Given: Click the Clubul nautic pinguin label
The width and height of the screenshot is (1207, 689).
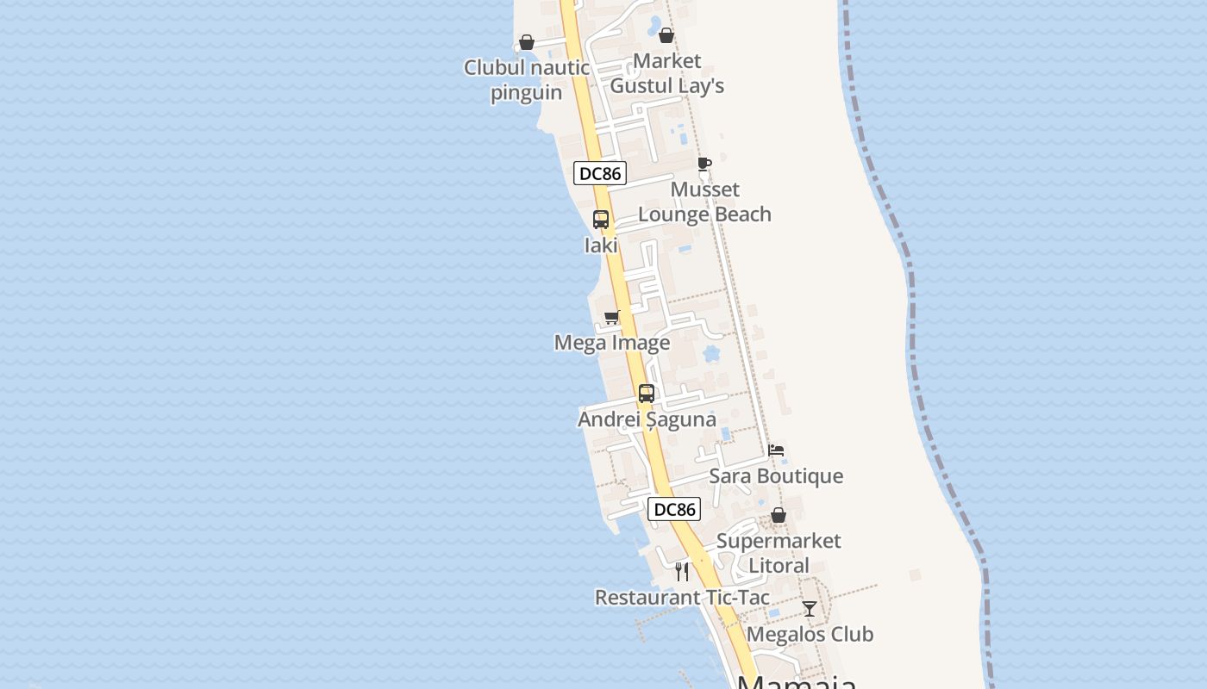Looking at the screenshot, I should pos(526,80).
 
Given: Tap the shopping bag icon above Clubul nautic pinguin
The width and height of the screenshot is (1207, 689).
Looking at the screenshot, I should pos(527,42).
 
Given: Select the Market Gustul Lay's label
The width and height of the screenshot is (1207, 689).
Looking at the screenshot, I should pos(666,73).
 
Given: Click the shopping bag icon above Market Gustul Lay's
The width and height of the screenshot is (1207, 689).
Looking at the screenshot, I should pos(666,35).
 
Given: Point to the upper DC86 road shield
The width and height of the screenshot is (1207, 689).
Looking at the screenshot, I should pos(599,173).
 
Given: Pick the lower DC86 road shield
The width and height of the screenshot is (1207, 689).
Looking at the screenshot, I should pos(674,509).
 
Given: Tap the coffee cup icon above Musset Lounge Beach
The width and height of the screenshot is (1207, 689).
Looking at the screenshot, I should pos(704,164).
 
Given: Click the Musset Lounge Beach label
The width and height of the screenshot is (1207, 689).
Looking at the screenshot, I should pos(704,202).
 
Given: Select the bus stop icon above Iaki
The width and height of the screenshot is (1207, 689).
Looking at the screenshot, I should pos(601,220).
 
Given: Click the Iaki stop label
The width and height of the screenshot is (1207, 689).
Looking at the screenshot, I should pos(601,245).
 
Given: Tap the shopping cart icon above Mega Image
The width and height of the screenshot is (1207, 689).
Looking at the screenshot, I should pos(612,317).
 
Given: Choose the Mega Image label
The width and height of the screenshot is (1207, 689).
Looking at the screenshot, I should pos(612,343).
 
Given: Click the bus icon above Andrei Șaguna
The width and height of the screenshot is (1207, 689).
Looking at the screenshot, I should pos(647,394).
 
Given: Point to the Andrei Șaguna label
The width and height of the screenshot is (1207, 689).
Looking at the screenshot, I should pos(647,419).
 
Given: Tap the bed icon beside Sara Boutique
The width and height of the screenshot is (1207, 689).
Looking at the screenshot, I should pos(776,450).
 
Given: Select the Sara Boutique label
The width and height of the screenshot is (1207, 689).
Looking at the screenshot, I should pos(776,476).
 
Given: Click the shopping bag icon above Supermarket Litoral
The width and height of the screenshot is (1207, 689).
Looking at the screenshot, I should pos(779,515).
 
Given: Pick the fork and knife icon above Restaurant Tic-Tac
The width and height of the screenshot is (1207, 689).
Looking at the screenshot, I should pos(682,571).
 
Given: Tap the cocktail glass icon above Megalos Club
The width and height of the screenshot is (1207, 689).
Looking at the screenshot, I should pos(810,609).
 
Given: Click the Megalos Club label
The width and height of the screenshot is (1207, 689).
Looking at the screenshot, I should pos(810,635).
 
